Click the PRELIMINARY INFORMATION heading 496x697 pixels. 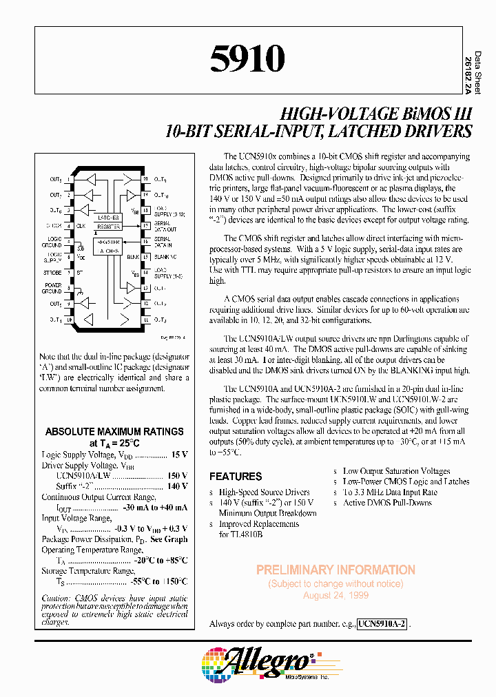pos(335,570)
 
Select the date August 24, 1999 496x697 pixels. pos(335,595)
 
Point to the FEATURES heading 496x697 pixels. pos(236,477)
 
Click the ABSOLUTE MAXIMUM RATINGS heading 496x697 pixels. pos(114,432)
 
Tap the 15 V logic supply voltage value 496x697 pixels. pos(179,455)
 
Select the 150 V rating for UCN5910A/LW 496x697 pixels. pos(177,475)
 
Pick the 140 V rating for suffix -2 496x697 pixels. pos(177,486)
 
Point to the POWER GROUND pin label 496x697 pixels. pos(53,289)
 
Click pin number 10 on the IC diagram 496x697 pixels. pos(70,320)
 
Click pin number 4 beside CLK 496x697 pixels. pos(70,225)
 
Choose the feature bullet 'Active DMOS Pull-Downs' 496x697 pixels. pos(387,503)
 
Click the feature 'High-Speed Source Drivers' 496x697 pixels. pos(264,492)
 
